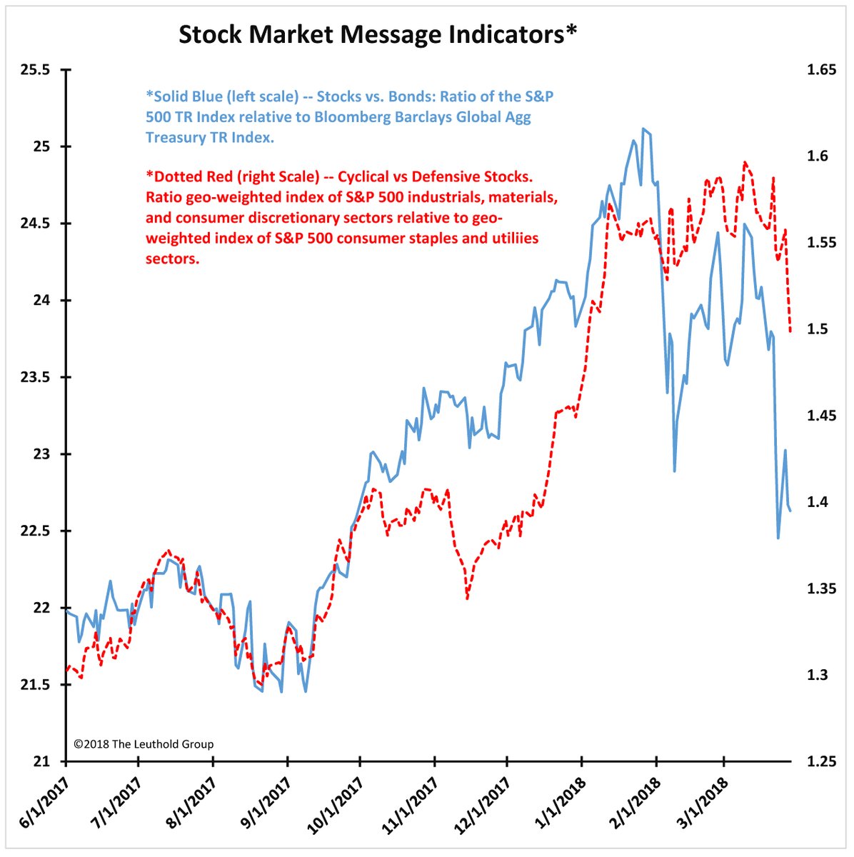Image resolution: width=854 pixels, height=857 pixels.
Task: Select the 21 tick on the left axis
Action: tap(43, 761)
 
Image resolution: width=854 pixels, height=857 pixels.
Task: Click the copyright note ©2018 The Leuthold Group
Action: tap(144, 744)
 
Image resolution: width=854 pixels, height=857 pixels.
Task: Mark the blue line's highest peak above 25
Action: tap(643, 129)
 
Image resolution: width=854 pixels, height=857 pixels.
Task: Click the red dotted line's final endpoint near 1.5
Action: tap(790, 331)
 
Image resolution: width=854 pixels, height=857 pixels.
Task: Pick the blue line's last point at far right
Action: tap(790, 510)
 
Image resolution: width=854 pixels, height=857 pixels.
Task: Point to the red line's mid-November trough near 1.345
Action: tap(467, 598)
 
